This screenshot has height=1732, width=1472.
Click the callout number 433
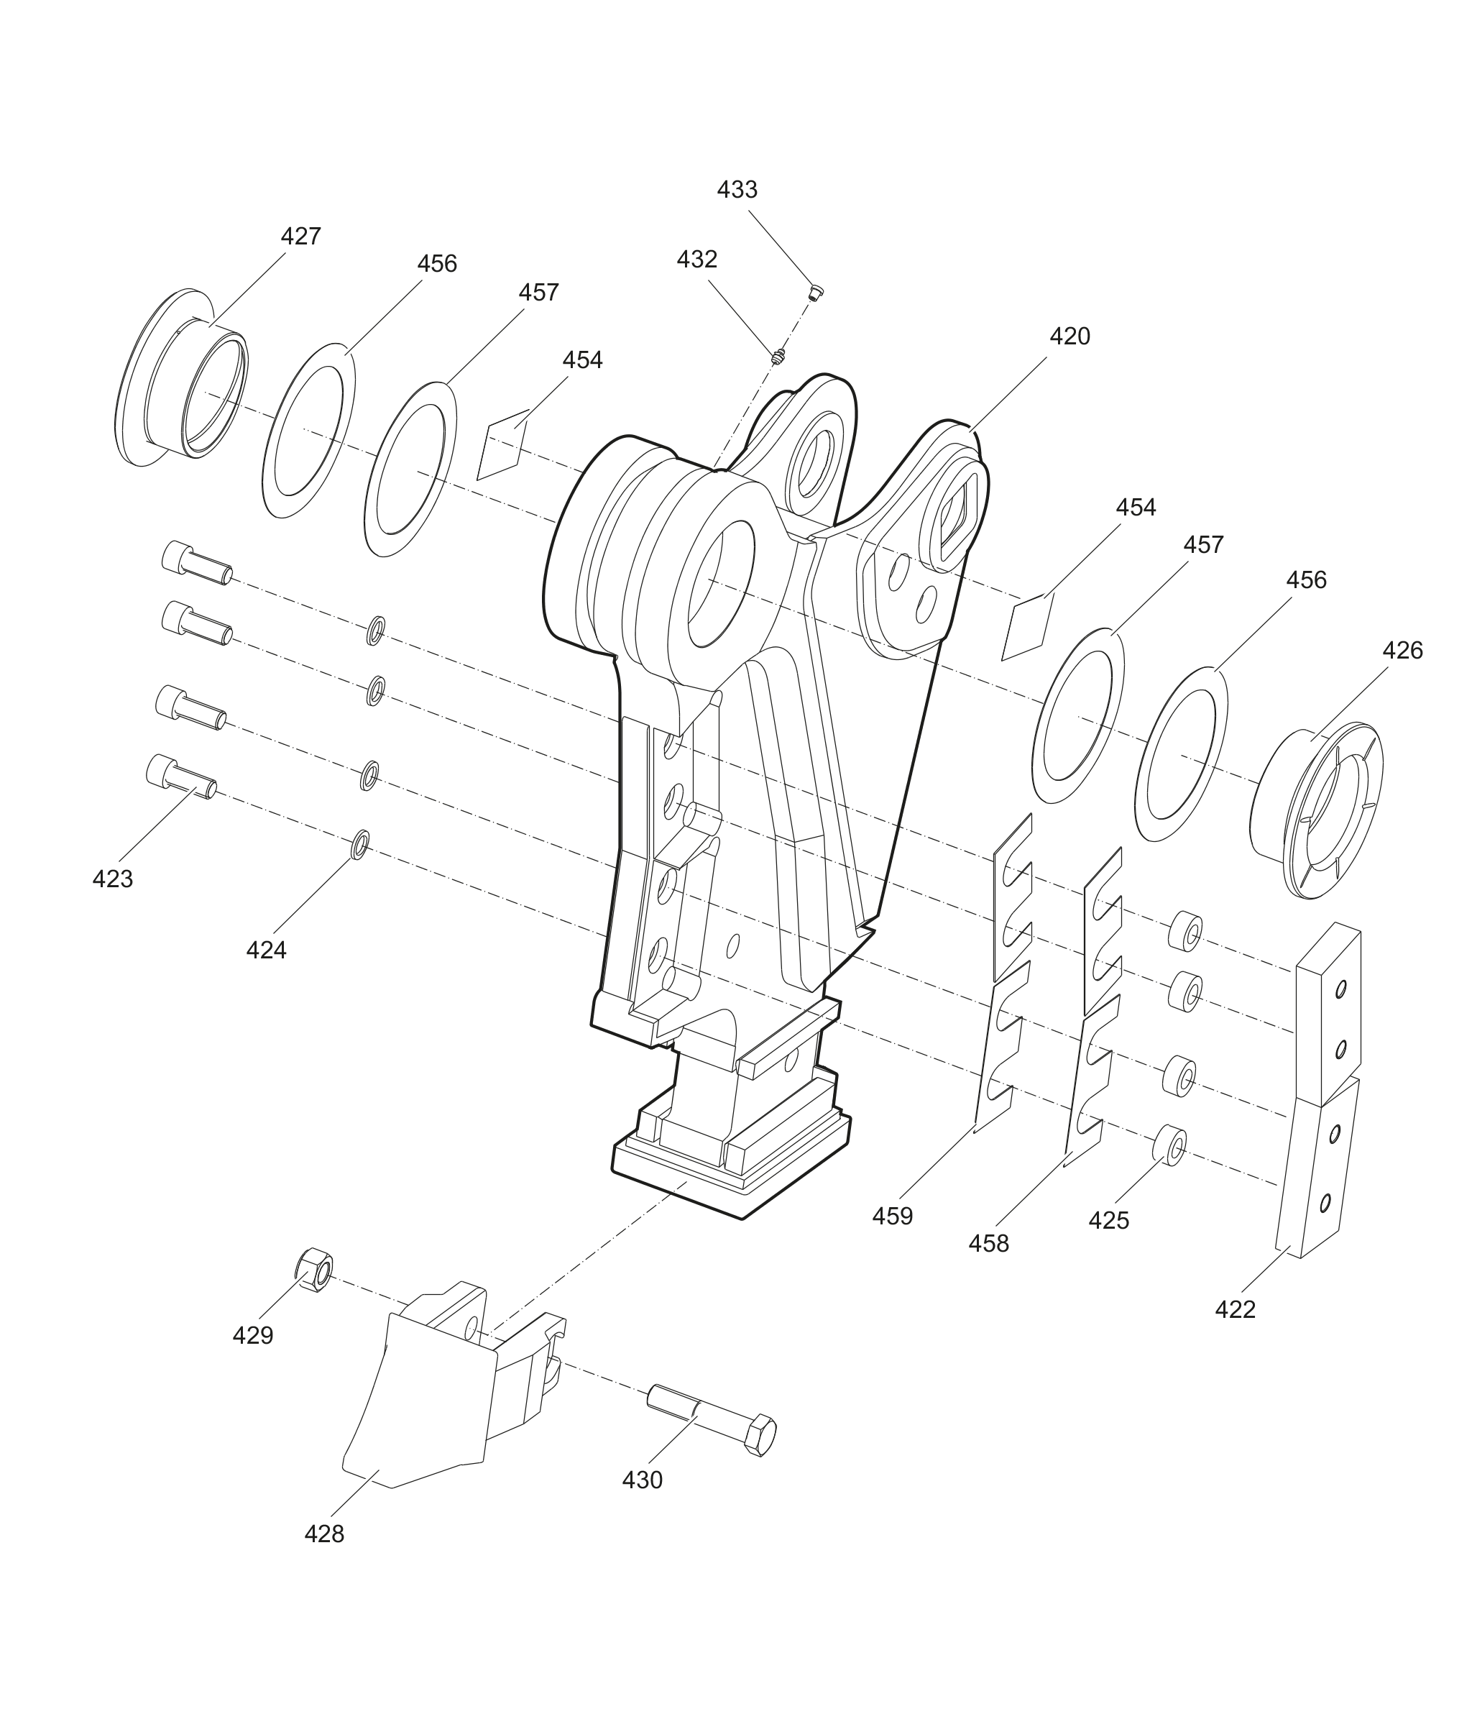[737, 191]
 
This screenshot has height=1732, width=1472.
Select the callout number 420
[1069, 336]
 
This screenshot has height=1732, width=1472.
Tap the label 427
[300, 237]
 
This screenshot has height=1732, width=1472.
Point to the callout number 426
[1403, 650]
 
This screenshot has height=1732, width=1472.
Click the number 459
[893, 1217]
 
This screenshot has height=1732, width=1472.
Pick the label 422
[1235, 1310]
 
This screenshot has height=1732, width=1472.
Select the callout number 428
[323, 1534]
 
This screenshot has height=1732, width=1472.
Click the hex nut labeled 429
[316, 1271]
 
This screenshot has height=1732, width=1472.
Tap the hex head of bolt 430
[760, 1435]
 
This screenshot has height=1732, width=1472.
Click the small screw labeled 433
[815, 292]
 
